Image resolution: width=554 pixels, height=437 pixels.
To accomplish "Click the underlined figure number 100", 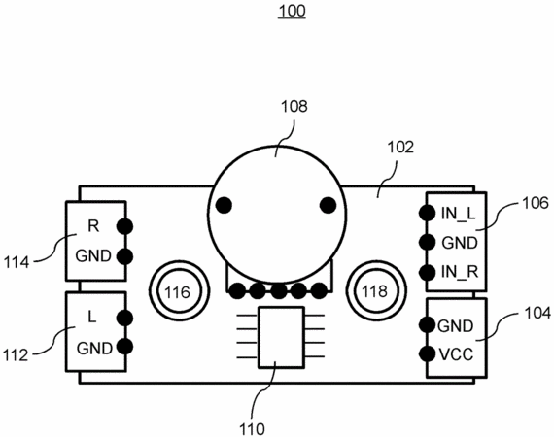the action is (292, 11).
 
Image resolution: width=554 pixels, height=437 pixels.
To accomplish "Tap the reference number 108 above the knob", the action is (294, 106).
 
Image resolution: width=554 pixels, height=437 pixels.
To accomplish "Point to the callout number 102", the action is (400, 148).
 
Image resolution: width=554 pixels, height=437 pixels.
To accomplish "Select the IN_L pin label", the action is (459, 214).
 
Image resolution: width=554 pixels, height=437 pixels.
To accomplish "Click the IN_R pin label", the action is (460, 272).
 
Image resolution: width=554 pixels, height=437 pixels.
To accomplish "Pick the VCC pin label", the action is (456, 354).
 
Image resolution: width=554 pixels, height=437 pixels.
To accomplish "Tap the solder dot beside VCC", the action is (427, 354).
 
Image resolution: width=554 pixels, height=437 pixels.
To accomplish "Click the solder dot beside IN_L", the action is (427, 213).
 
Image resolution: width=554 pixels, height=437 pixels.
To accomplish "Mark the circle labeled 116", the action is (178, 292).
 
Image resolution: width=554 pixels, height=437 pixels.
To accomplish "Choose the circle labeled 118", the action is (375, 291).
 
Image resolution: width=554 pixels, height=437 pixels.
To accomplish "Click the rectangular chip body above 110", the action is (281, 337).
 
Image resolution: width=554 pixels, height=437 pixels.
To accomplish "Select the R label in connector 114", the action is (93, 226).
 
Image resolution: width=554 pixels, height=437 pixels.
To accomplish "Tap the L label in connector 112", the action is (92, 318).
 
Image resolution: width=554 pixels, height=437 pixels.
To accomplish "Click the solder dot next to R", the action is (124, 226).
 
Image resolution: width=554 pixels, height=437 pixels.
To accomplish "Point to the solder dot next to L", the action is (124, 318).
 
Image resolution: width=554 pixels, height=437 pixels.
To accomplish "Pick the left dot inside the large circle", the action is (224, 205).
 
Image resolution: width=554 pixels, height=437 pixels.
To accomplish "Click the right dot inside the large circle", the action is (328, 205).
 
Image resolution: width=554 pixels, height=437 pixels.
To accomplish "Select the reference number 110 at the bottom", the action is (252, 429).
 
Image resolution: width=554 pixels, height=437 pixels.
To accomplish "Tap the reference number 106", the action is (536, 203).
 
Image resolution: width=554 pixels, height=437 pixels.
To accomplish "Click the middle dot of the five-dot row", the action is (279, 291).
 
